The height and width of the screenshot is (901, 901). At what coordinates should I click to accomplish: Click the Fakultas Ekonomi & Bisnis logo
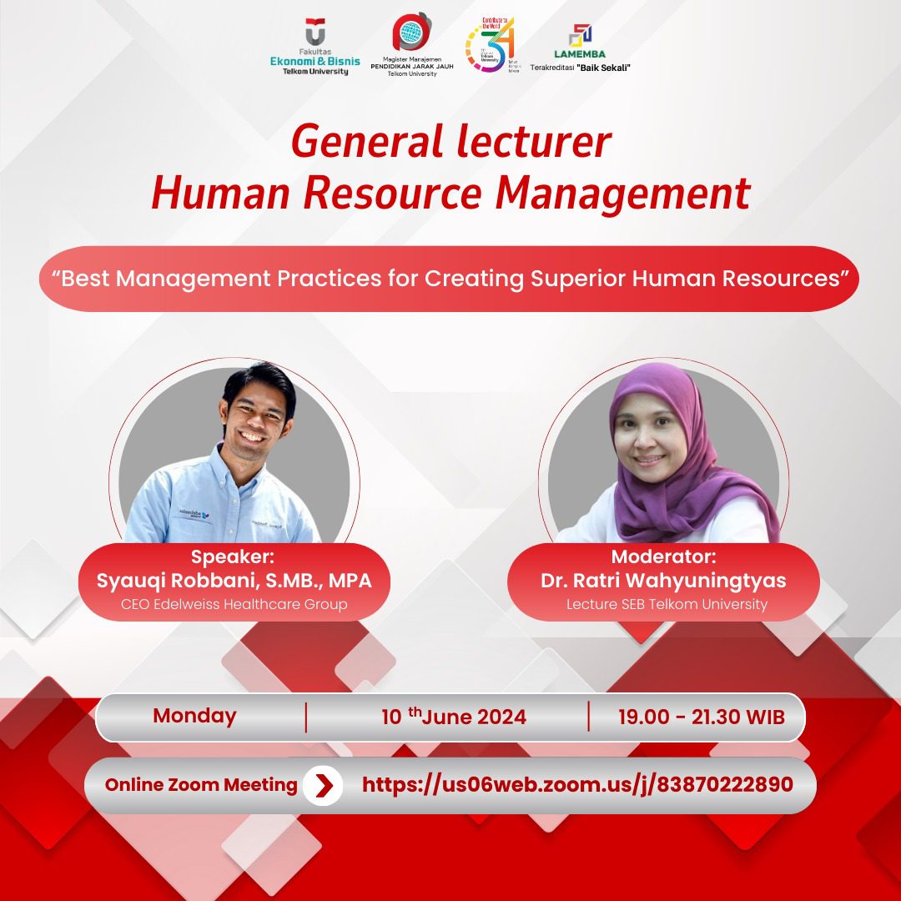point(309,48)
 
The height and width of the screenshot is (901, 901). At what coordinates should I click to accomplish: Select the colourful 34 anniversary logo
point(490,43)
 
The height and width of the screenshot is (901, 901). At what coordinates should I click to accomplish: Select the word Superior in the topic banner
point(577,279)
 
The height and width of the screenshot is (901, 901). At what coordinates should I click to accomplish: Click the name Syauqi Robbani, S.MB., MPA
point(234,581)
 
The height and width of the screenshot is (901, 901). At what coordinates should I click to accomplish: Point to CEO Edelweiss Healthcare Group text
point(234,604)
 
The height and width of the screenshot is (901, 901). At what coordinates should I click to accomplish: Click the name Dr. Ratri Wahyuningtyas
point(663,581)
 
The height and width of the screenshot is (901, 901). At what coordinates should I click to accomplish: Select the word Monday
point(194,716)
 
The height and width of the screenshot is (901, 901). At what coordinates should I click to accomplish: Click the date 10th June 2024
point(454,717)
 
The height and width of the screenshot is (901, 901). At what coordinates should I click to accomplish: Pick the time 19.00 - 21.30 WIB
point(702,717)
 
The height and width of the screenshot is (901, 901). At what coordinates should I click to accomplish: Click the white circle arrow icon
point(323,785)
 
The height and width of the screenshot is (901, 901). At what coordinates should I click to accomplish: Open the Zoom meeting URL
point(577,785)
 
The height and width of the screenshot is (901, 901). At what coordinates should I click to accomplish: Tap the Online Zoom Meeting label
point(201,785)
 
